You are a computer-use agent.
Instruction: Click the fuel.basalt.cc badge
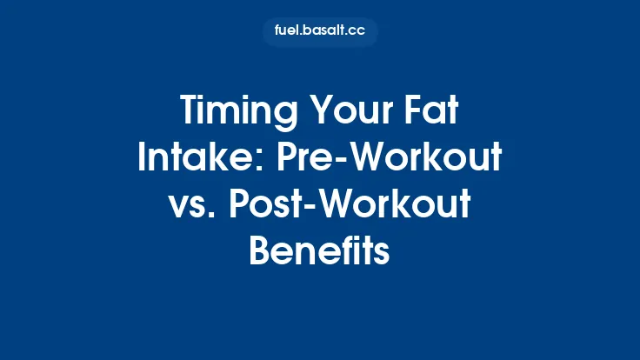pos(320,32)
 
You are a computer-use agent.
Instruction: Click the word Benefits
pos(319,250)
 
